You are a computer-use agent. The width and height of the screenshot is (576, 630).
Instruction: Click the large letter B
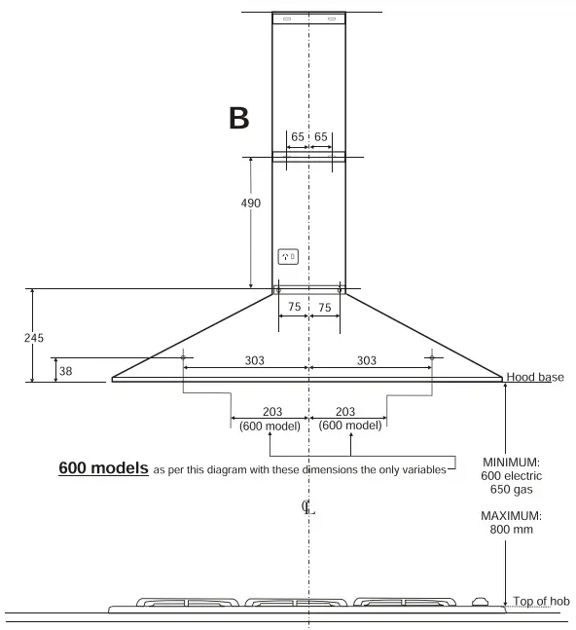click(238, 119)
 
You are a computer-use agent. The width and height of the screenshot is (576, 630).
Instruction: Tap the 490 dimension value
click(250, 203)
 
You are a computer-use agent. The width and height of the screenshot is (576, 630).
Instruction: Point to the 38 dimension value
click(65, 370)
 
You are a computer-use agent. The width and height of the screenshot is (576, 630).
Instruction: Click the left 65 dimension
click(297, 137)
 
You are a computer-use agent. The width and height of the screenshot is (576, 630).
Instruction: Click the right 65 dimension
click(321, 137)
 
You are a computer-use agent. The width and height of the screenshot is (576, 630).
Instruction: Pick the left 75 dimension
click(293, 307)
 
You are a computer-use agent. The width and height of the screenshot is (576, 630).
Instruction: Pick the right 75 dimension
click(325, 307)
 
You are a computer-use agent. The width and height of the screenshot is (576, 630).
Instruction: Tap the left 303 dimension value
click(254, 360)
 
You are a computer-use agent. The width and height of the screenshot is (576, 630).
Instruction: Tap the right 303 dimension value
click(366, 360)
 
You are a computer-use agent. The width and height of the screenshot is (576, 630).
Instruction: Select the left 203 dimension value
click(272, 412)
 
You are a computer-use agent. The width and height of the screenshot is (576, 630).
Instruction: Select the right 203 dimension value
click(349, 412)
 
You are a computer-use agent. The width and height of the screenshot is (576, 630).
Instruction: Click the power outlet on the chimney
click(288, 257)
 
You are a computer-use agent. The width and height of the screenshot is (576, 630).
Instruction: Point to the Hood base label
click(535, 377)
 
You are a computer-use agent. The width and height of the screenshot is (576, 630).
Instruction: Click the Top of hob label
click(541, 602)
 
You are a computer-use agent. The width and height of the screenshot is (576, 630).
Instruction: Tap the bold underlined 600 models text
click(103, 468)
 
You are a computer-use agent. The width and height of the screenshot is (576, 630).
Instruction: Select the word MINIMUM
click(511, 462)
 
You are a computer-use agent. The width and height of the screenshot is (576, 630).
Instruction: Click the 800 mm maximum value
click(511, 530)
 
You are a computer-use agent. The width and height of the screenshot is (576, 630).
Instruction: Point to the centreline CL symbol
click(308, 506)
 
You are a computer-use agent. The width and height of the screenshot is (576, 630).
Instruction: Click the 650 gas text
click(511, 490)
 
